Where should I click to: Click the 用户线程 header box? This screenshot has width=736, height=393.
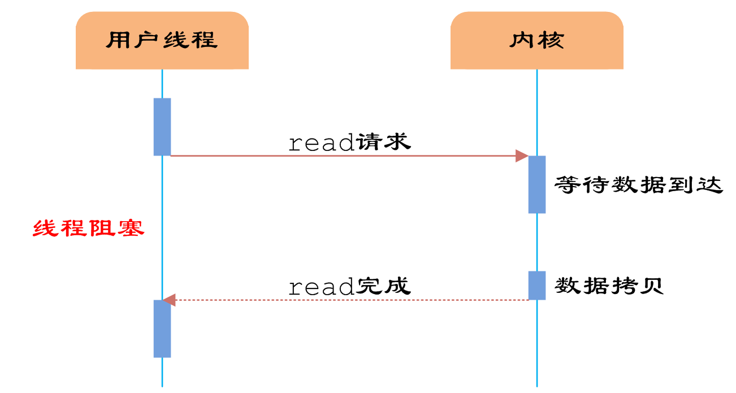coord(162,41)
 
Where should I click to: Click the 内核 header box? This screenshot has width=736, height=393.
coord(536,41)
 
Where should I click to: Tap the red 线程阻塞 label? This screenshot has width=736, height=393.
coord(88,228)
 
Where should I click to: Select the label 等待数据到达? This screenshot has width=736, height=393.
coord(639,185)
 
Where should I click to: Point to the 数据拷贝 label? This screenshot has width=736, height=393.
coord(609,286)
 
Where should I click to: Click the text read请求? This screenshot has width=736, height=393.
coord(349,143)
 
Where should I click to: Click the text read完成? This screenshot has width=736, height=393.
coord(349,287)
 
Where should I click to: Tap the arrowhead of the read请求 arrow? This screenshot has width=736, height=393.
coord(522,156)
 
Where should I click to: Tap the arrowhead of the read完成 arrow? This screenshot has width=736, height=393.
coord(169,300)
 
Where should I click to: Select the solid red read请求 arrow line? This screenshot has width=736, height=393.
coord(339,156)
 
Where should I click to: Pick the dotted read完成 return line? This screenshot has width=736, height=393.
coord(350,300)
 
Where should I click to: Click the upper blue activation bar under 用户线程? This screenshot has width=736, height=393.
coord(162,127)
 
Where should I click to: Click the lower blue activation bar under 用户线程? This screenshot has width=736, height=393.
coord(162,329)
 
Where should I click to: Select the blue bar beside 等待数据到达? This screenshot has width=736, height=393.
coord(537,184)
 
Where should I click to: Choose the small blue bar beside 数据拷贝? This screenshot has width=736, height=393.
coord(537,286)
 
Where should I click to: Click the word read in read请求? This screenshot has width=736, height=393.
coord(321,144)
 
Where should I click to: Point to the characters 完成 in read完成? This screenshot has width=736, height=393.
coord(383,286)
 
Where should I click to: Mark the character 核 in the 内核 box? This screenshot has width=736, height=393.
coord(551,41)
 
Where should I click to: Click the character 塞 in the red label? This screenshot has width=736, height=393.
coord(131,228)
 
